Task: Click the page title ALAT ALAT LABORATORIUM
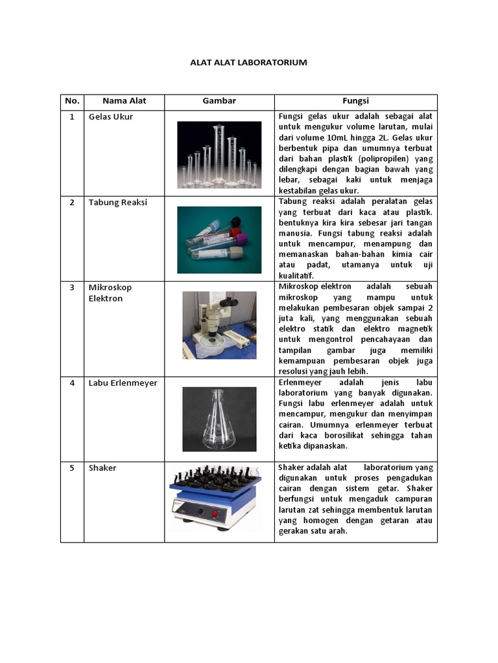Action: [248, 63]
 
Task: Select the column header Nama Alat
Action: [124, 101]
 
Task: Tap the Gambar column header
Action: [219, 101]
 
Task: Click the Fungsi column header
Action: [355, 101]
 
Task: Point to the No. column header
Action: [72, 101]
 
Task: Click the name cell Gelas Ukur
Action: [111, 117]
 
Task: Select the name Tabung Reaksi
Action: [118, 203]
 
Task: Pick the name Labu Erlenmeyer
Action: [123, 383]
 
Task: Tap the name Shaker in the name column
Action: [102, 468]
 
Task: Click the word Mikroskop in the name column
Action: [110, 287]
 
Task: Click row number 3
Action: [72, 287]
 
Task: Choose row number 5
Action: [72, 468]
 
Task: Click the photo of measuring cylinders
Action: [219, 155]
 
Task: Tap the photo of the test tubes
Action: [219, 240]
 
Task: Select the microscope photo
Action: [219, 324]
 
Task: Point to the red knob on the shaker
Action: [200, 511]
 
